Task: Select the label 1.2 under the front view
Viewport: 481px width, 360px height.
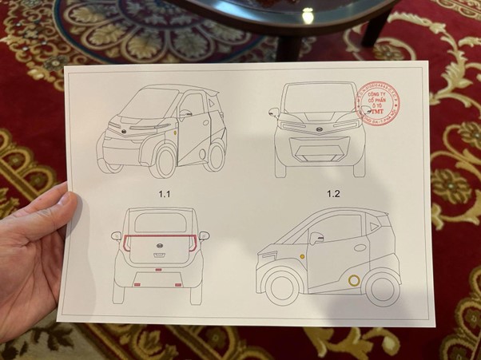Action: (x=333, y=193)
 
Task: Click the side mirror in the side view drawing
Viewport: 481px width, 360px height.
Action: (x=316, y=237)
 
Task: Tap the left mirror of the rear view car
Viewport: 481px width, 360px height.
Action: (x=117, y=236)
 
